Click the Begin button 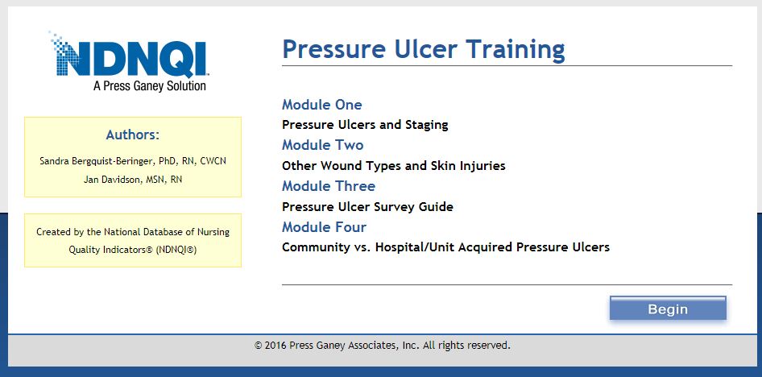coord(668,309)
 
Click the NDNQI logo coord(129,61)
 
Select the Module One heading coord(321,105)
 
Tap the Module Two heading coord(323,145)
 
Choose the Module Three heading coord(329,186)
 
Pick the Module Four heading coord(324,227)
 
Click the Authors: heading coord(133,135)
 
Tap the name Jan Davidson coord(109,180)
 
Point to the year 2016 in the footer coord(275,346)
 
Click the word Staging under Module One coord(427,125)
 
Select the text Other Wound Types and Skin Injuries coord(394,166)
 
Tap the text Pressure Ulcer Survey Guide coord(367,207)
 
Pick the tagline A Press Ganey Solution coord(150,86)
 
